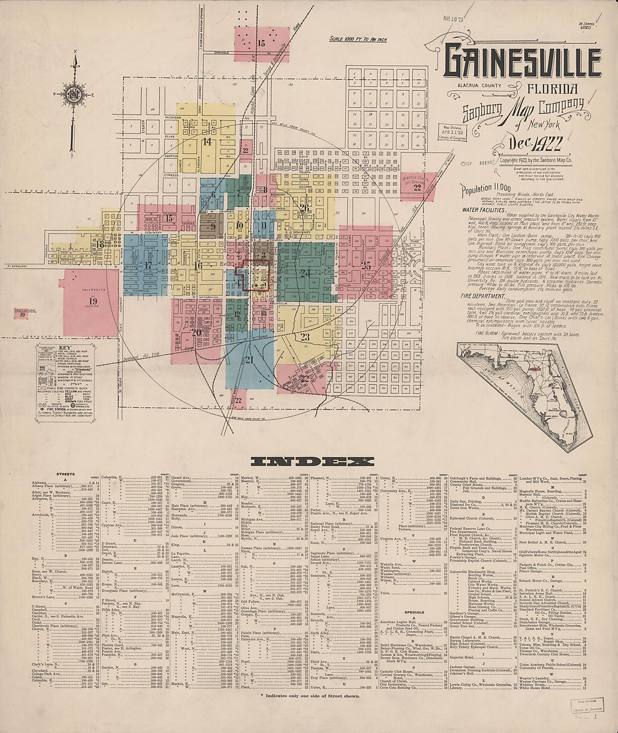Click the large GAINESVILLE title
(x=522, y=62)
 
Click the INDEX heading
(x=312, y=462)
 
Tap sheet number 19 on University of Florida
(x=93, y=301)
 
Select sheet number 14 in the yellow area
(x=207, y=142)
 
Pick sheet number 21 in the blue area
(x=249, y=359)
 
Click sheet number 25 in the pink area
(x=366, y=266)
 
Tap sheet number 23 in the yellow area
(x=305, y=337)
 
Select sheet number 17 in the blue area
(x=148, y=265)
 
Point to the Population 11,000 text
(x=486, y=190)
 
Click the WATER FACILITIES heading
(x=484, y=209)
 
